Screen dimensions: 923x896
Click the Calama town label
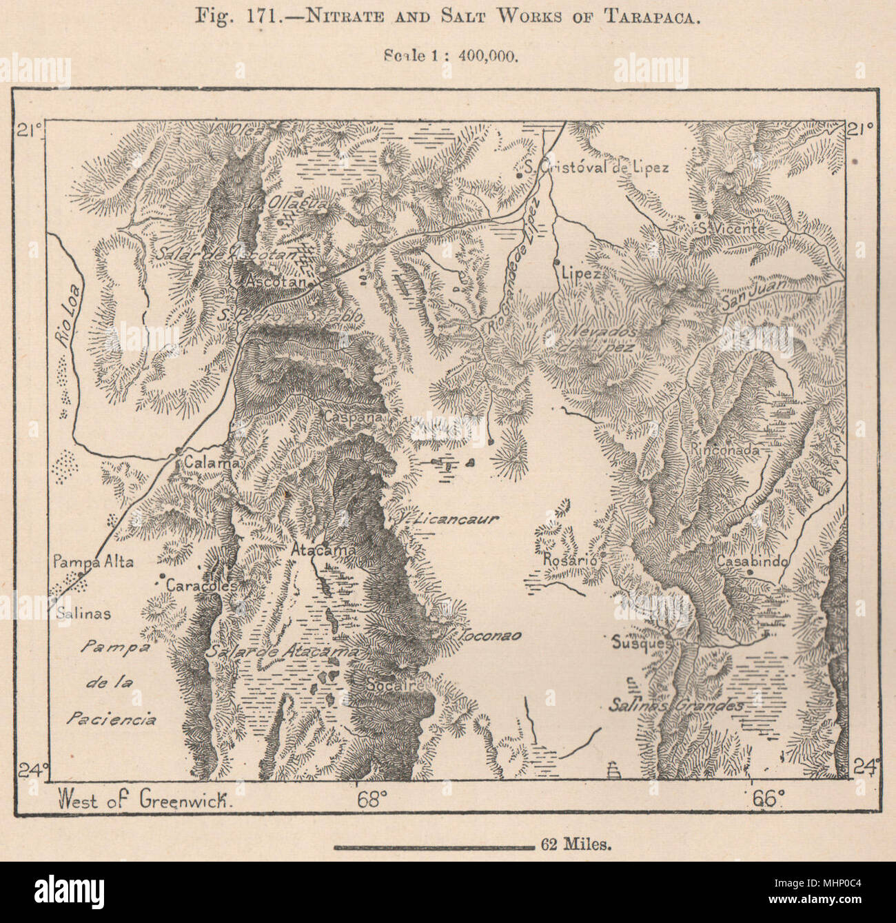coord(211,463)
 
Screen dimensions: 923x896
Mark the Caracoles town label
coord(201,584)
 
